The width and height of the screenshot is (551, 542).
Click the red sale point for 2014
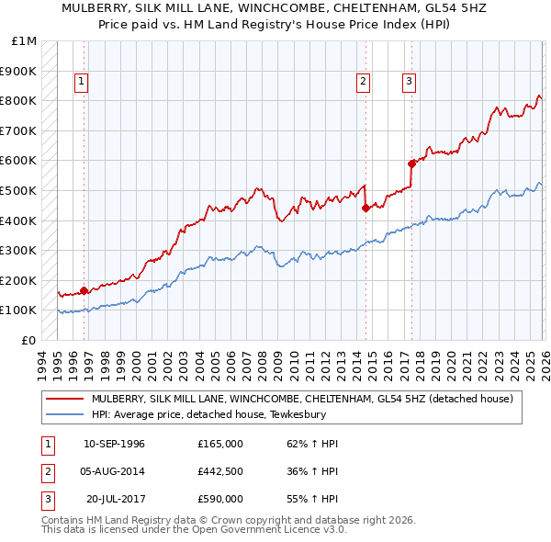(365, 208)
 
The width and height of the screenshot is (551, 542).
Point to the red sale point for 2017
(411, 164)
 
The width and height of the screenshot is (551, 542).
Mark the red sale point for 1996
(84, 290)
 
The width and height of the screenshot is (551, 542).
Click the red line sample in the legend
(63, 400)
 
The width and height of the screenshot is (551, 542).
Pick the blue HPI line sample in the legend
(63, 415)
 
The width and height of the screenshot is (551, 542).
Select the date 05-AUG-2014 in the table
(114, 471)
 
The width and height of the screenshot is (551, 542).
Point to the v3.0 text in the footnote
(332, 530)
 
